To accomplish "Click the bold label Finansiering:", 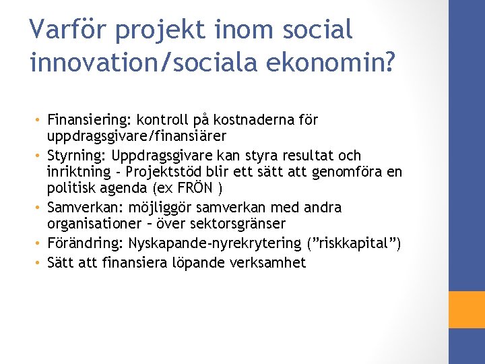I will [89, 121].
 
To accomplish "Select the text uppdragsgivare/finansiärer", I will [132, 135].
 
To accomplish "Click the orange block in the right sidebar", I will [467, 310].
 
